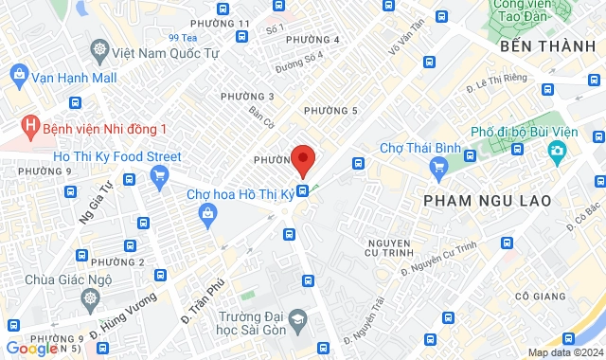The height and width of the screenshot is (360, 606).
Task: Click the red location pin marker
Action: (x=302, y=160)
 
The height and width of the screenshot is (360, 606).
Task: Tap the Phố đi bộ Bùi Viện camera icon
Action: (x=557, y=151)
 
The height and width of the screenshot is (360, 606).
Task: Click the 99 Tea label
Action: (x=181, y=38)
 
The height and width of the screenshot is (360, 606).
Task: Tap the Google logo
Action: (x=32, y=348)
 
